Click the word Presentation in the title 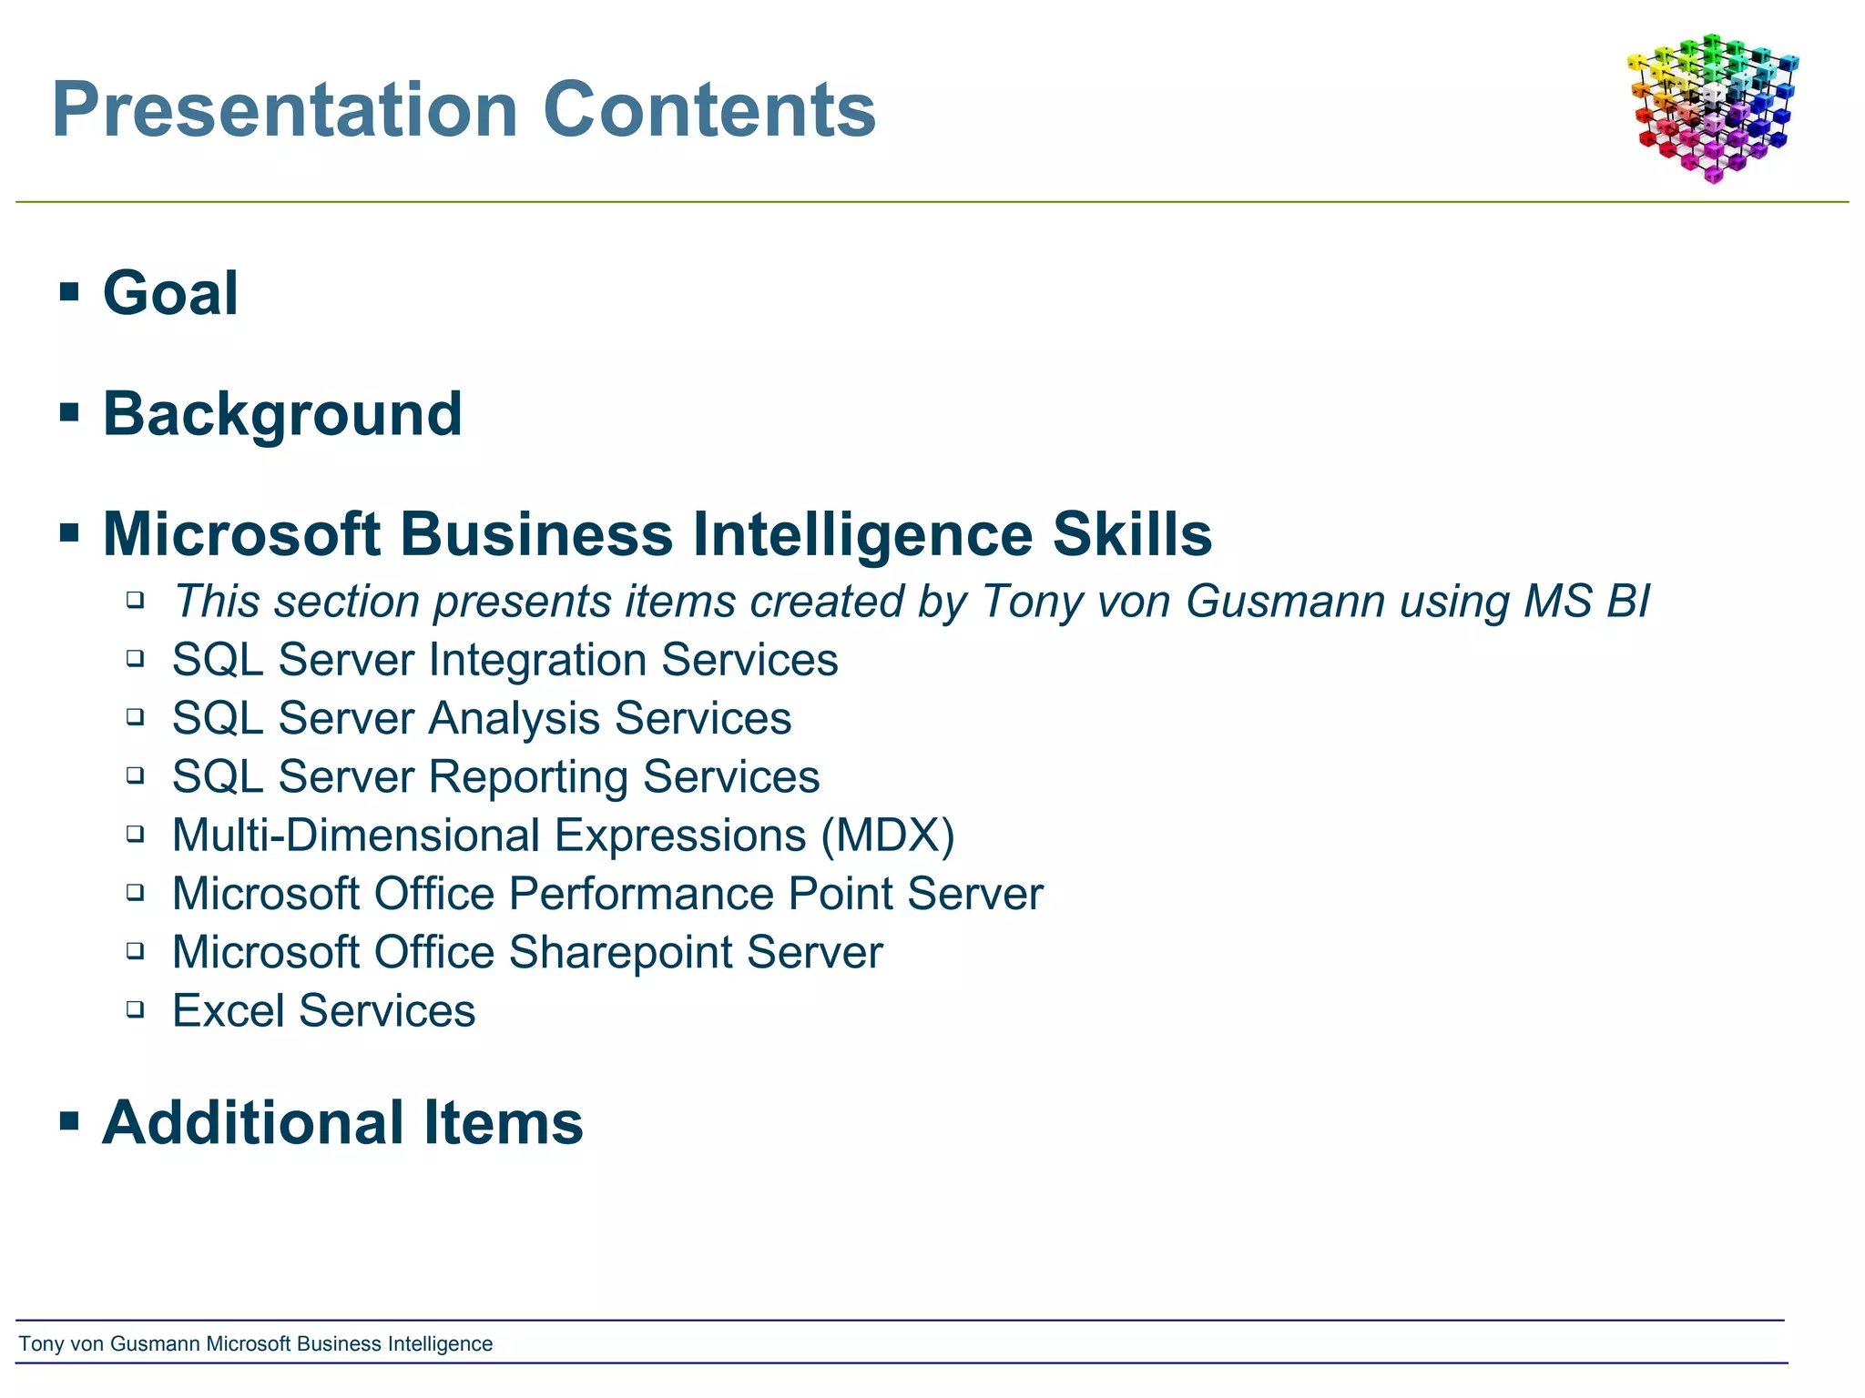click(285, 110)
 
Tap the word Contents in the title click(709, 110)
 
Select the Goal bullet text click(170, 293)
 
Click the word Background click(282, 414)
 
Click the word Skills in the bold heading click(1132, 534)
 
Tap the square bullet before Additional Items click(69, 1120)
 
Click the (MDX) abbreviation click(887, 836)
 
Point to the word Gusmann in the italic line click(1285, 602)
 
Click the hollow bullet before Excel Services click(136, 1008)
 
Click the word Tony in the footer click(40, 1344)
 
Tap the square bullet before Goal click(69, 291)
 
